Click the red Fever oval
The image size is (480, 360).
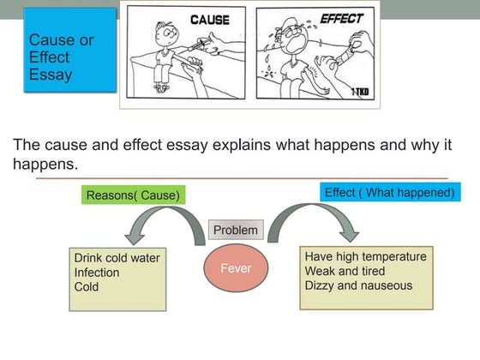(236, 268)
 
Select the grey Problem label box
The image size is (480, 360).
(235, 230)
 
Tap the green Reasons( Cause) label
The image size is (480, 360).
(134, 195)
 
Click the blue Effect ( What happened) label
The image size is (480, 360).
(389, 193)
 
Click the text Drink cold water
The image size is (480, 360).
(117, 258)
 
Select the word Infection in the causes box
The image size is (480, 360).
(97, 273)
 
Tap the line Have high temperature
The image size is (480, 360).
(365, 256)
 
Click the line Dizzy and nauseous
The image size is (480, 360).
(358, 285)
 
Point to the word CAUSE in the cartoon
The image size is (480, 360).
(208, 19)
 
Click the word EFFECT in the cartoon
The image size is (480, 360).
(341, 18)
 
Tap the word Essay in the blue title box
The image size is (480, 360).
(51, 75)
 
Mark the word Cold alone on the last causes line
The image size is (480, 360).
(87, 287)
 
